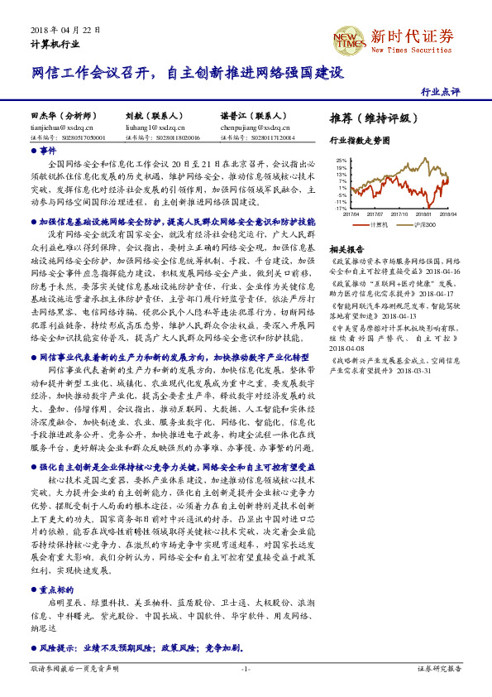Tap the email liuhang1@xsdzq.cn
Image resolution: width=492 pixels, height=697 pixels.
click(x=150, y=128)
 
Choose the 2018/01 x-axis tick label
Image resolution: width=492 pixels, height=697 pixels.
click(x=423, y=213)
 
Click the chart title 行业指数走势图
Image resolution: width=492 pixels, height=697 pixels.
click(x=359, y=141)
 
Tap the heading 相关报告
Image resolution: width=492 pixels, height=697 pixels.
click(x=346, y=248)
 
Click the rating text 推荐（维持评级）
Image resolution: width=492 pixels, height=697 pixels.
click(x=373, y=118)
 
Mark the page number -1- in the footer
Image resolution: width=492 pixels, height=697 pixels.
click(x=246, y=667)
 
